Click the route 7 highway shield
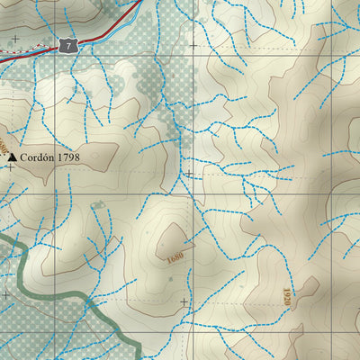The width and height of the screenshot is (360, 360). pos(67,44)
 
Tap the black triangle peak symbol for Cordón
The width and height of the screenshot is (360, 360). pos(12,157)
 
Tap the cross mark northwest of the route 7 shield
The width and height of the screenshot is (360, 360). pos(15,38)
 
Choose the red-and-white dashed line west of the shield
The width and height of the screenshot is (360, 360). pos(22,54)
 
